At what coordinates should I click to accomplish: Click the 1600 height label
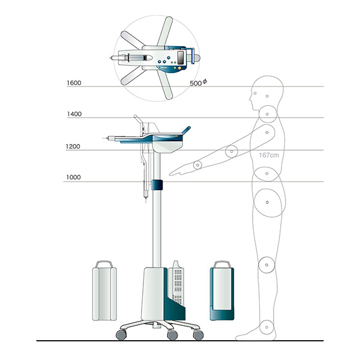coord(74,83)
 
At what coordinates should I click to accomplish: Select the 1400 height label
coord(74,114)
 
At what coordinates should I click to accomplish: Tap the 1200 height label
coord(73,146)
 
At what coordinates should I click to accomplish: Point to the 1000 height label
coord(73,177)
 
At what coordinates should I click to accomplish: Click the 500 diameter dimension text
coord(199,83)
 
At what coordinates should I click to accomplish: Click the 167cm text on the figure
coord(269,155)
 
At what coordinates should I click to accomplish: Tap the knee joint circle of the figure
coord(266,265)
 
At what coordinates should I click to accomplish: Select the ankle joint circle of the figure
coord(267,327)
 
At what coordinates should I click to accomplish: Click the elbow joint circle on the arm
coord(232,152)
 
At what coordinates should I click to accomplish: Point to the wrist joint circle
coord(197,165)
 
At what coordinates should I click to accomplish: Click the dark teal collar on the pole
coord(157,185)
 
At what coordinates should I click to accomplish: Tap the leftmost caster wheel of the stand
coord(121,335)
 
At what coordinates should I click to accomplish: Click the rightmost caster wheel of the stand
coord(199,335)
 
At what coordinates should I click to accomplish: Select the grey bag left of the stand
coord(104,290)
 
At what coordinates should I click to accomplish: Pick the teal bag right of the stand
coord(222,290)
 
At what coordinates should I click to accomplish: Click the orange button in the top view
coord(179,68)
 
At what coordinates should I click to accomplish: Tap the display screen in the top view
coord(181,57)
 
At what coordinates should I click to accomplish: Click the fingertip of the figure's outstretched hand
coord(170,175)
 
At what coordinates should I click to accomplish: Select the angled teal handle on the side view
coord(186,130)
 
